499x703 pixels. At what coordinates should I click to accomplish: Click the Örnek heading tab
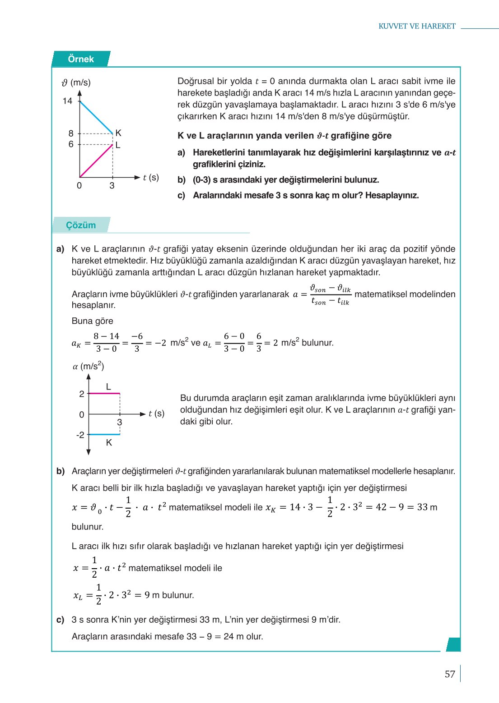pos(81,59)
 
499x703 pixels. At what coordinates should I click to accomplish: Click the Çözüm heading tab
pos(81,225)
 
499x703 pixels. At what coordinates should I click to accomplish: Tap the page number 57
pos(450,674)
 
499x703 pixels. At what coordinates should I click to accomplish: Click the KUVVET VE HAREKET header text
pos(417,26)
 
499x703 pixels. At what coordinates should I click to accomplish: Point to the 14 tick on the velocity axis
pos(68,101)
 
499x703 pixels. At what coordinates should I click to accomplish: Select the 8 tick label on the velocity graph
pos(71,133)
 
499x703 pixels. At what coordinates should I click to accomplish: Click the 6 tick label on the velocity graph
pos(71,144)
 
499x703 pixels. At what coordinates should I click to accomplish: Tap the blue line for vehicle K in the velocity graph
pos(96,117)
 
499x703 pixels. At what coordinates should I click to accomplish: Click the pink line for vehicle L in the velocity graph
pos(96,161)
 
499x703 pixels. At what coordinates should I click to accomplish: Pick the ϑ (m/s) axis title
pos(76,83)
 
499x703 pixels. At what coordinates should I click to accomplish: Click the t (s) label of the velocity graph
pos(151,177)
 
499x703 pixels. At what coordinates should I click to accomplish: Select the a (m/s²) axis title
pos(89,366)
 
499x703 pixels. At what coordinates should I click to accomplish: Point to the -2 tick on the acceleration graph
pos(80,435)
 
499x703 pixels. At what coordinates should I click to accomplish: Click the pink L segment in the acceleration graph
pos(104,394)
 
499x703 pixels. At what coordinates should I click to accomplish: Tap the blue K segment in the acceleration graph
pos(104,434)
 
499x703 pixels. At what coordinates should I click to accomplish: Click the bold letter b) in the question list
pos(182,180)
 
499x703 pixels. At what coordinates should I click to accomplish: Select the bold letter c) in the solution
pos(61,620)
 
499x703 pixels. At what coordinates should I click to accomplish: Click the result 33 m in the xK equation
pos(426,507)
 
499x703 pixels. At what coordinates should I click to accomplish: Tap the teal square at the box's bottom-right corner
pos(453,644)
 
